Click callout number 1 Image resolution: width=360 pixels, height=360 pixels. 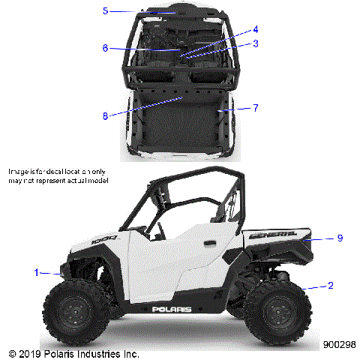35,272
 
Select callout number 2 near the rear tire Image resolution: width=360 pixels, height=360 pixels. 330,286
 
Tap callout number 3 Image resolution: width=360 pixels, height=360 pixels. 256,43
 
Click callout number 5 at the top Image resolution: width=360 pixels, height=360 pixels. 106,10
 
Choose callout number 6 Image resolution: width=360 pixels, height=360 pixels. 106,48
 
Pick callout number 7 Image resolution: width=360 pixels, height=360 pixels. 256,108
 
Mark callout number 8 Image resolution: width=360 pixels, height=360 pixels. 106,115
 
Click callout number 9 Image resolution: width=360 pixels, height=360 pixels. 340,238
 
